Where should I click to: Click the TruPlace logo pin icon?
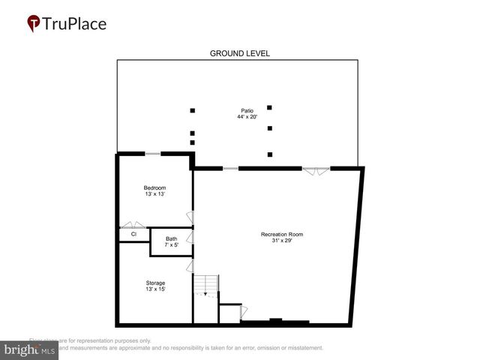pos(34,24)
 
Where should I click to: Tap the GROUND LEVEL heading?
pos(239,53)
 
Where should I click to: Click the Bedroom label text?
pos(154,187)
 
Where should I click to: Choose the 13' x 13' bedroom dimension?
pos(154,194)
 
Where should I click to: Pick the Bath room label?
pos(172,239)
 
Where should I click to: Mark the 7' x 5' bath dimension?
pos(172,245)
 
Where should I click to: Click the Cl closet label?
pos(133,235)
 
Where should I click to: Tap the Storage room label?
pos(155,283)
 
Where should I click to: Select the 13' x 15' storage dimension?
pos(155,289)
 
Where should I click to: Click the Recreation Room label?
pos(281,235)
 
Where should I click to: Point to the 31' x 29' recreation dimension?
pos(281,241)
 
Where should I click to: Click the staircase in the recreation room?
pos(206,285)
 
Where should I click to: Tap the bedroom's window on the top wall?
pos(152,154)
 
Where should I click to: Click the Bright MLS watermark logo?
pos(29,350)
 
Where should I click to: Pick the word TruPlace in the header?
pos(74,23)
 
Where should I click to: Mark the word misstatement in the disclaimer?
pos(302,348)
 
